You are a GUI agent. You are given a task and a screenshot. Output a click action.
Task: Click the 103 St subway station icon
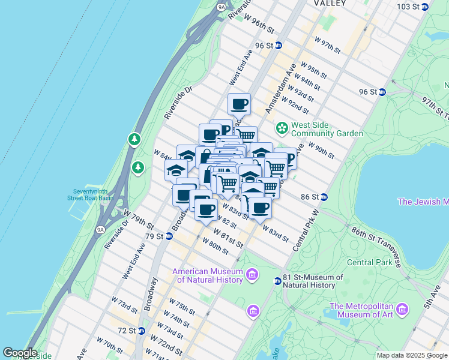coord(425,7)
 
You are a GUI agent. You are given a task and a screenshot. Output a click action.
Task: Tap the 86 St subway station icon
coord(324,197)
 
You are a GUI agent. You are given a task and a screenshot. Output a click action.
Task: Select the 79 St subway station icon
coord(169,236)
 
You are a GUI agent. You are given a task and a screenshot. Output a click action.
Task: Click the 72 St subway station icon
coord(142,331)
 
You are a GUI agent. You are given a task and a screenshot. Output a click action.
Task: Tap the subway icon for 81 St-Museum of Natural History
coord(277,281)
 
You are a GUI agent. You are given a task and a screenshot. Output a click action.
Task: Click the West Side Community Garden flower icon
coord(281,128)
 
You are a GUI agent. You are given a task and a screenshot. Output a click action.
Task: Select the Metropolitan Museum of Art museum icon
coord(402,308)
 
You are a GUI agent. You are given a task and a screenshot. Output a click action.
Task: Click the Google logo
coord(20,353)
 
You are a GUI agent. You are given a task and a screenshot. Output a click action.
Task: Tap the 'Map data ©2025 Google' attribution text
coord(412,355)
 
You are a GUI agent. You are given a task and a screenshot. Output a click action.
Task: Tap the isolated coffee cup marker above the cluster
coord(239,104)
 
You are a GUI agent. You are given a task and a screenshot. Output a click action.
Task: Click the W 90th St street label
coord(321,149)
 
